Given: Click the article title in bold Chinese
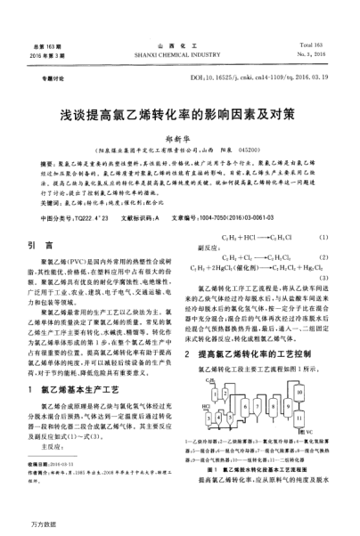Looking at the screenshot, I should pos(180,116).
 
